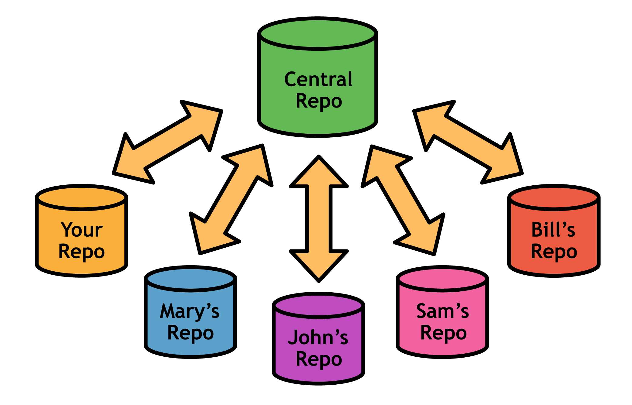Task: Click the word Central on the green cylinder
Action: tap(318, 80)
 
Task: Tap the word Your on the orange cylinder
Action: tap(82, 230)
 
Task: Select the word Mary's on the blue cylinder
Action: tap(190, 311)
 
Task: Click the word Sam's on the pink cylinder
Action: tap(442, 311)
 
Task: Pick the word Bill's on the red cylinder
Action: tap(553, 230)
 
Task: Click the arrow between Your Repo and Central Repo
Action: tap(168, 142)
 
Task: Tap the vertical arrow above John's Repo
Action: tap(319, 219)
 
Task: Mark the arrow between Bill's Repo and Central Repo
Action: tap(468, 142)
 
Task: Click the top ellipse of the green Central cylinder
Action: tap(318, 33)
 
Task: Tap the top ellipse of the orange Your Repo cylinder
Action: tap(82, 197)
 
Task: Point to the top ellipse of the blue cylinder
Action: tap(190, 279)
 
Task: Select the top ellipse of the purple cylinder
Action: tap(318, 306)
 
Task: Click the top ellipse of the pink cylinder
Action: tap(442, 279)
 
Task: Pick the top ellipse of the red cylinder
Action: tap(554, 197)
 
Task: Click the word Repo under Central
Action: tap(319, 101)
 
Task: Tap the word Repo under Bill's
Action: tap(554, 252)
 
